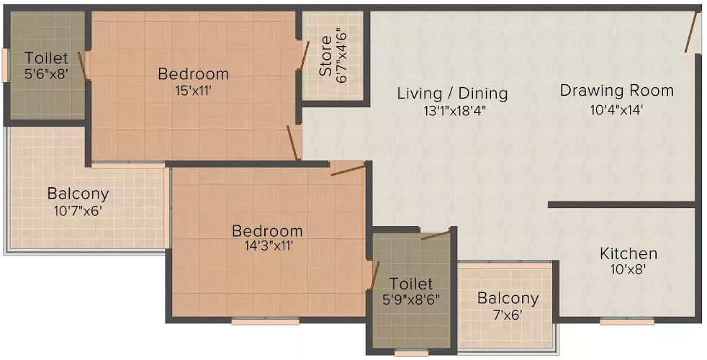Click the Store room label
point(325,56)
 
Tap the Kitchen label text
point(629,253)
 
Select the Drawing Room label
point(617,91)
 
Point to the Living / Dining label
point(453,94)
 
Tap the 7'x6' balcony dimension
point(508,315)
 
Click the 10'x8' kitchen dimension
point(629,271)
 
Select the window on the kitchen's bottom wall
point(626,321)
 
